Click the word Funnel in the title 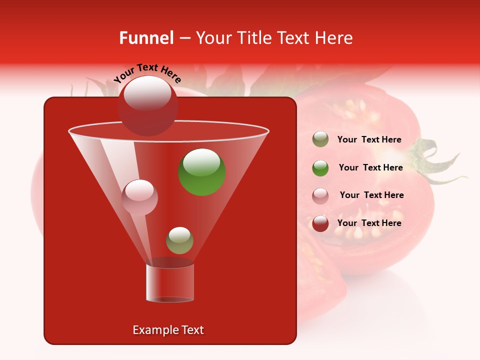[146, 38]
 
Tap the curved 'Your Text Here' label [147, 73]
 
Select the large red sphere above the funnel [148, 105]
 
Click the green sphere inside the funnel [202, 172]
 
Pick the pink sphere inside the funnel [140, 197]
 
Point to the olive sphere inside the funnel [179, 240]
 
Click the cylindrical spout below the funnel [170, 283]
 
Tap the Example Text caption [168, 330]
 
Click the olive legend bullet [320, 139]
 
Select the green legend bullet [320, 168]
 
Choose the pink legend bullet [320, 196]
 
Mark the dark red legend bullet [320, 223]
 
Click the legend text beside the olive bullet [369, 140]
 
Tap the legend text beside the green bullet [370, 167]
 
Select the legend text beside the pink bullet [371, 195]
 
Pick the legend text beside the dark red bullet [369, 223]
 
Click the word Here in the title [333, 38]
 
